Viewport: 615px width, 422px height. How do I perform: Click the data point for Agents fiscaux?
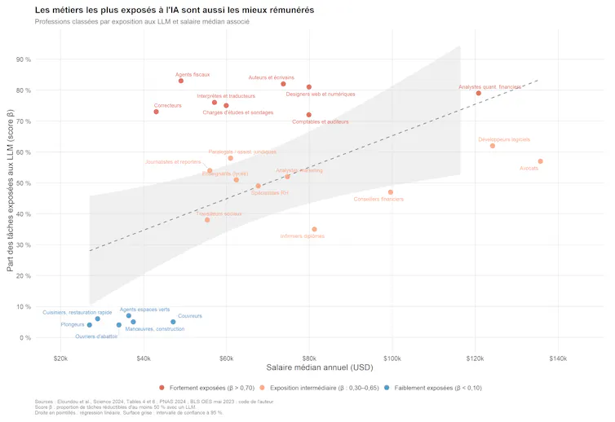tap(180, 81)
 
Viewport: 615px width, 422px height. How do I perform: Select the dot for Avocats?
tap(540, 161)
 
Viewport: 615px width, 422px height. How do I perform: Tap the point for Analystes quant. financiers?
tap(479, 93)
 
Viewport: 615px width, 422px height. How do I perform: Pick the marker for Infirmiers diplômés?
tap(314, 229)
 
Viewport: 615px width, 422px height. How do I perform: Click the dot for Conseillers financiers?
tap(391, 192)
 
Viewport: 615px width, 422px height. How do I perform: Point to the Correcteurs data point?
tap(156, 112)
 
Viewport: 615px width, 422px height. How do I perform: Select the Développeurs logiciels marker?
tap(493, 146)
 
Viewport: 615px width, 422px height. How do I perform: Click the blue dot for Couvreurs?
tap(173, 322)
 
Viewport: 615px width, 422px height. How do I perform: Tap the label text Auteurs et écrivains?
tap(271, 77)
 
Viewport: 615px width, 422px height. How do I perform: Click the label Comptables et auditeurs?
tap(320, 121)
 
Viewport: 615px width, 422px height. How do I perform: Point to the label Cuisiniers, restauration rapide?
tap(77, 312)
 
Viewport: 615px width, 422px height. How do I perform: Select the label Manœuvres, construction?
tap(154, 329)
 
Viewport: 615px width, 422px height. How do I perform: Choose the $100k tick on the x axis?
tap(392, 358)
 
